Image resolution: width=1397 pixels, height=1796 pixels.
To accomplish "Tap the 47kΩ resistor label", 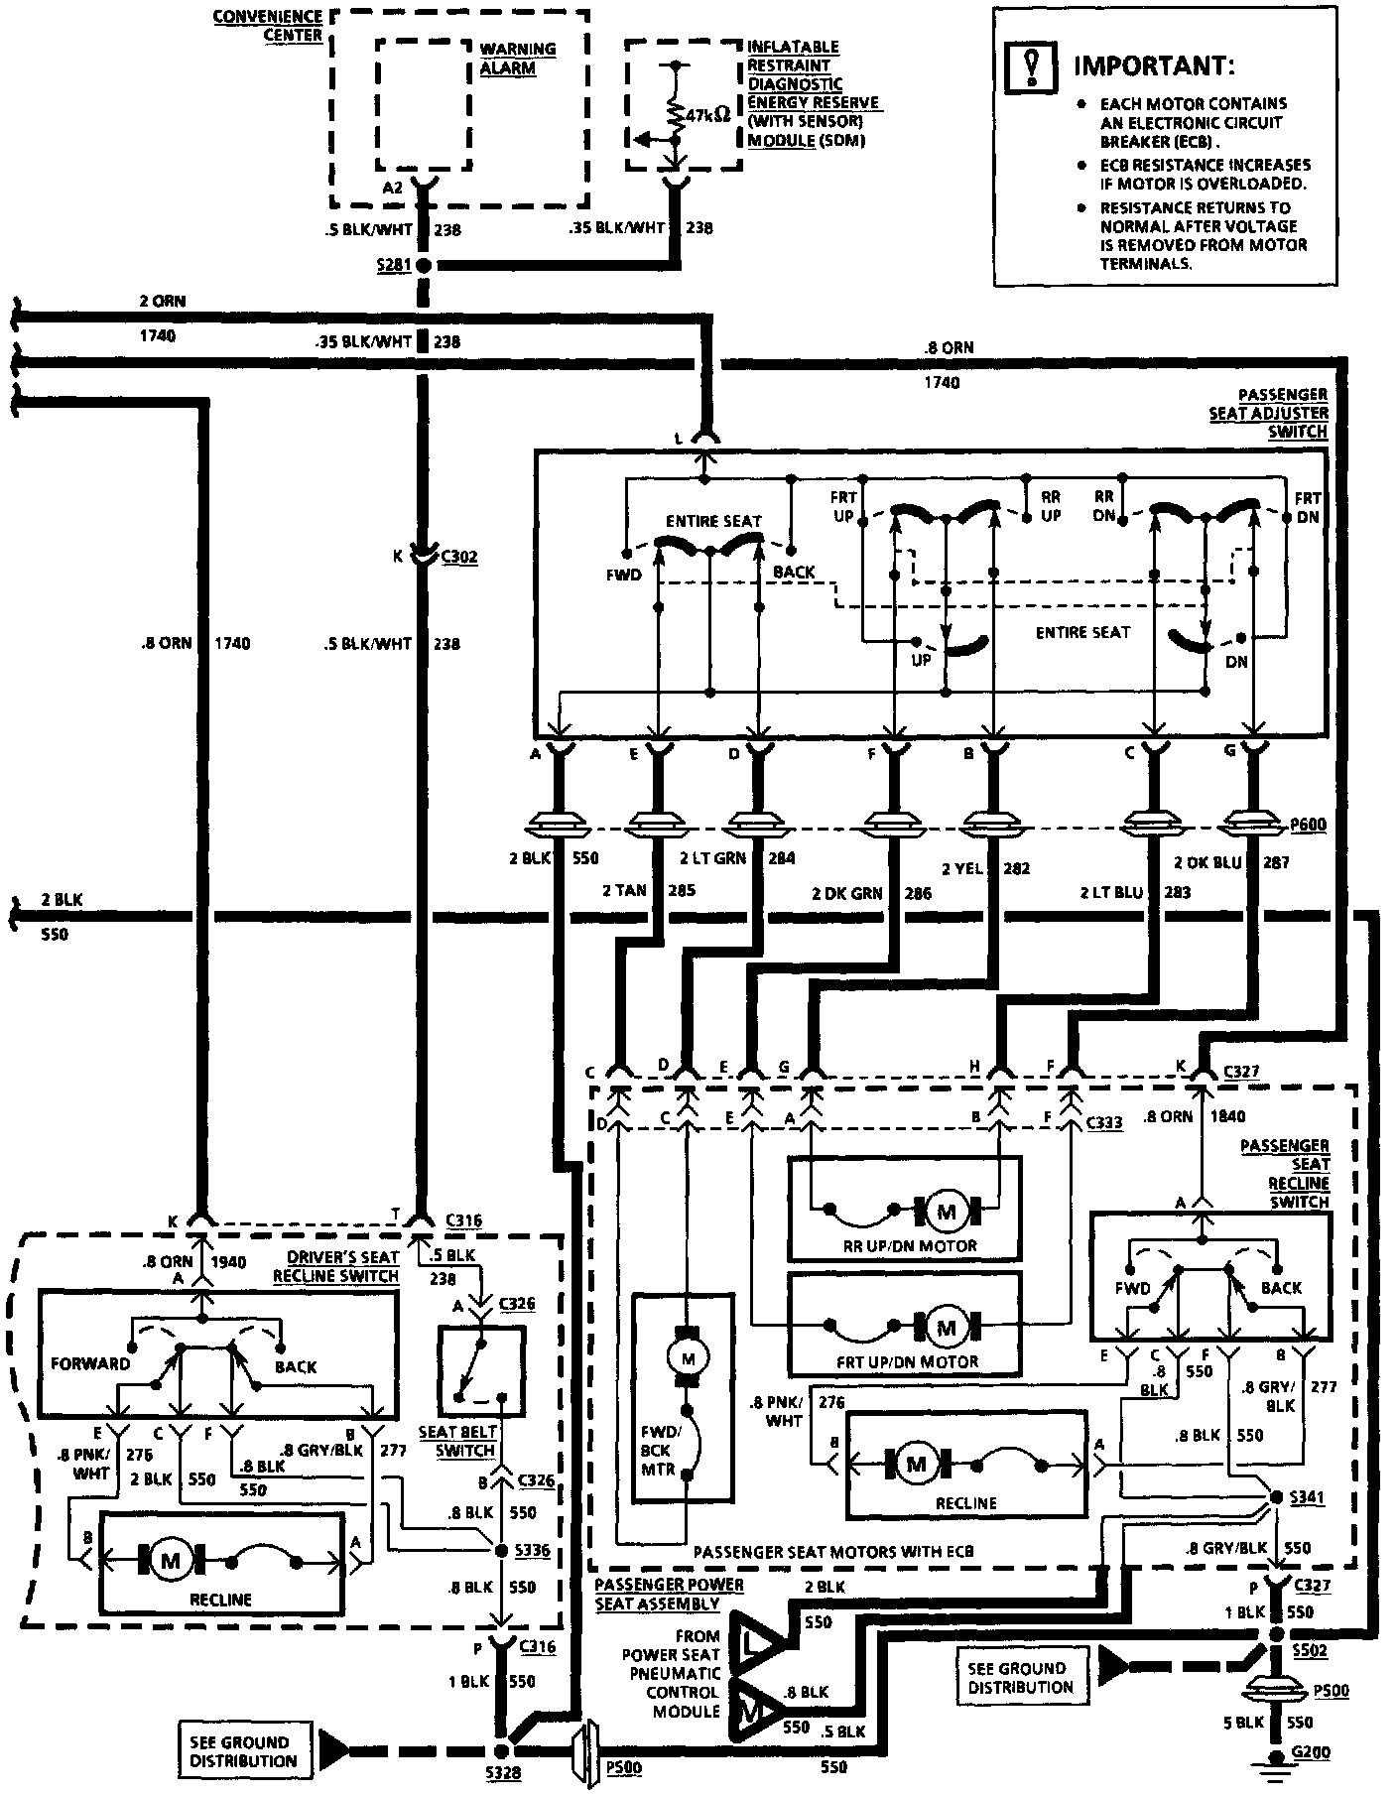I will tap(706, 115).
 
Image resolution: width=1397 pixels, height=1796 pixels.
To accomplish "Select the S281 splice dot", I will tap(423, 266).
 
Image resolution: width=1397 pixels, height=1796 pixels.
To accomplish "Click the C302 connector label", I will tap(458, 557).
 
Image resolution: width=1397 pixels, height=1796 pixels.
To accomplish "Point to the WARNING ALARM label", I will tap(517, 59).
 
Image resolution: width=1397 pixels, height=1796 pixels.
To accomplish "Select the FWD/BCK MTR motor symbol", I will tap(684, 1354).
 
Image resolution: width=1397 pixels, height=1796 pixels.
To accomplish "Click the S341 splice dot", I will tap(1276, 1497).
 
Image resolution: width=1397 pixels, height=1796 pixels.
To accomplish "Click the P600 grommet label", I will tap(1307, 825).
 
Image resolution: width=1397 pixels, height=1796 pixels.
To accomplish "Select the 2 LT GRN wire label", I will tap(711, 858).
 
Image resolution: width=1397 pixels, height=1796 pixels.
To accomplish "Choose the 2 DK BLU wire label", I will tap(1206, 862).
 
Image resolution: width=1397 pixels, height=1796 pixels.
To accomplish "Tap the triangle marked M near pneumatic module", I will tap(751, 1709).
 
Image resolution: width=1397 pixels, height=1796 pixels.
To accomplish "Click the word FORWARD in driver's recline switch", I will tap(90, 1363).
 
